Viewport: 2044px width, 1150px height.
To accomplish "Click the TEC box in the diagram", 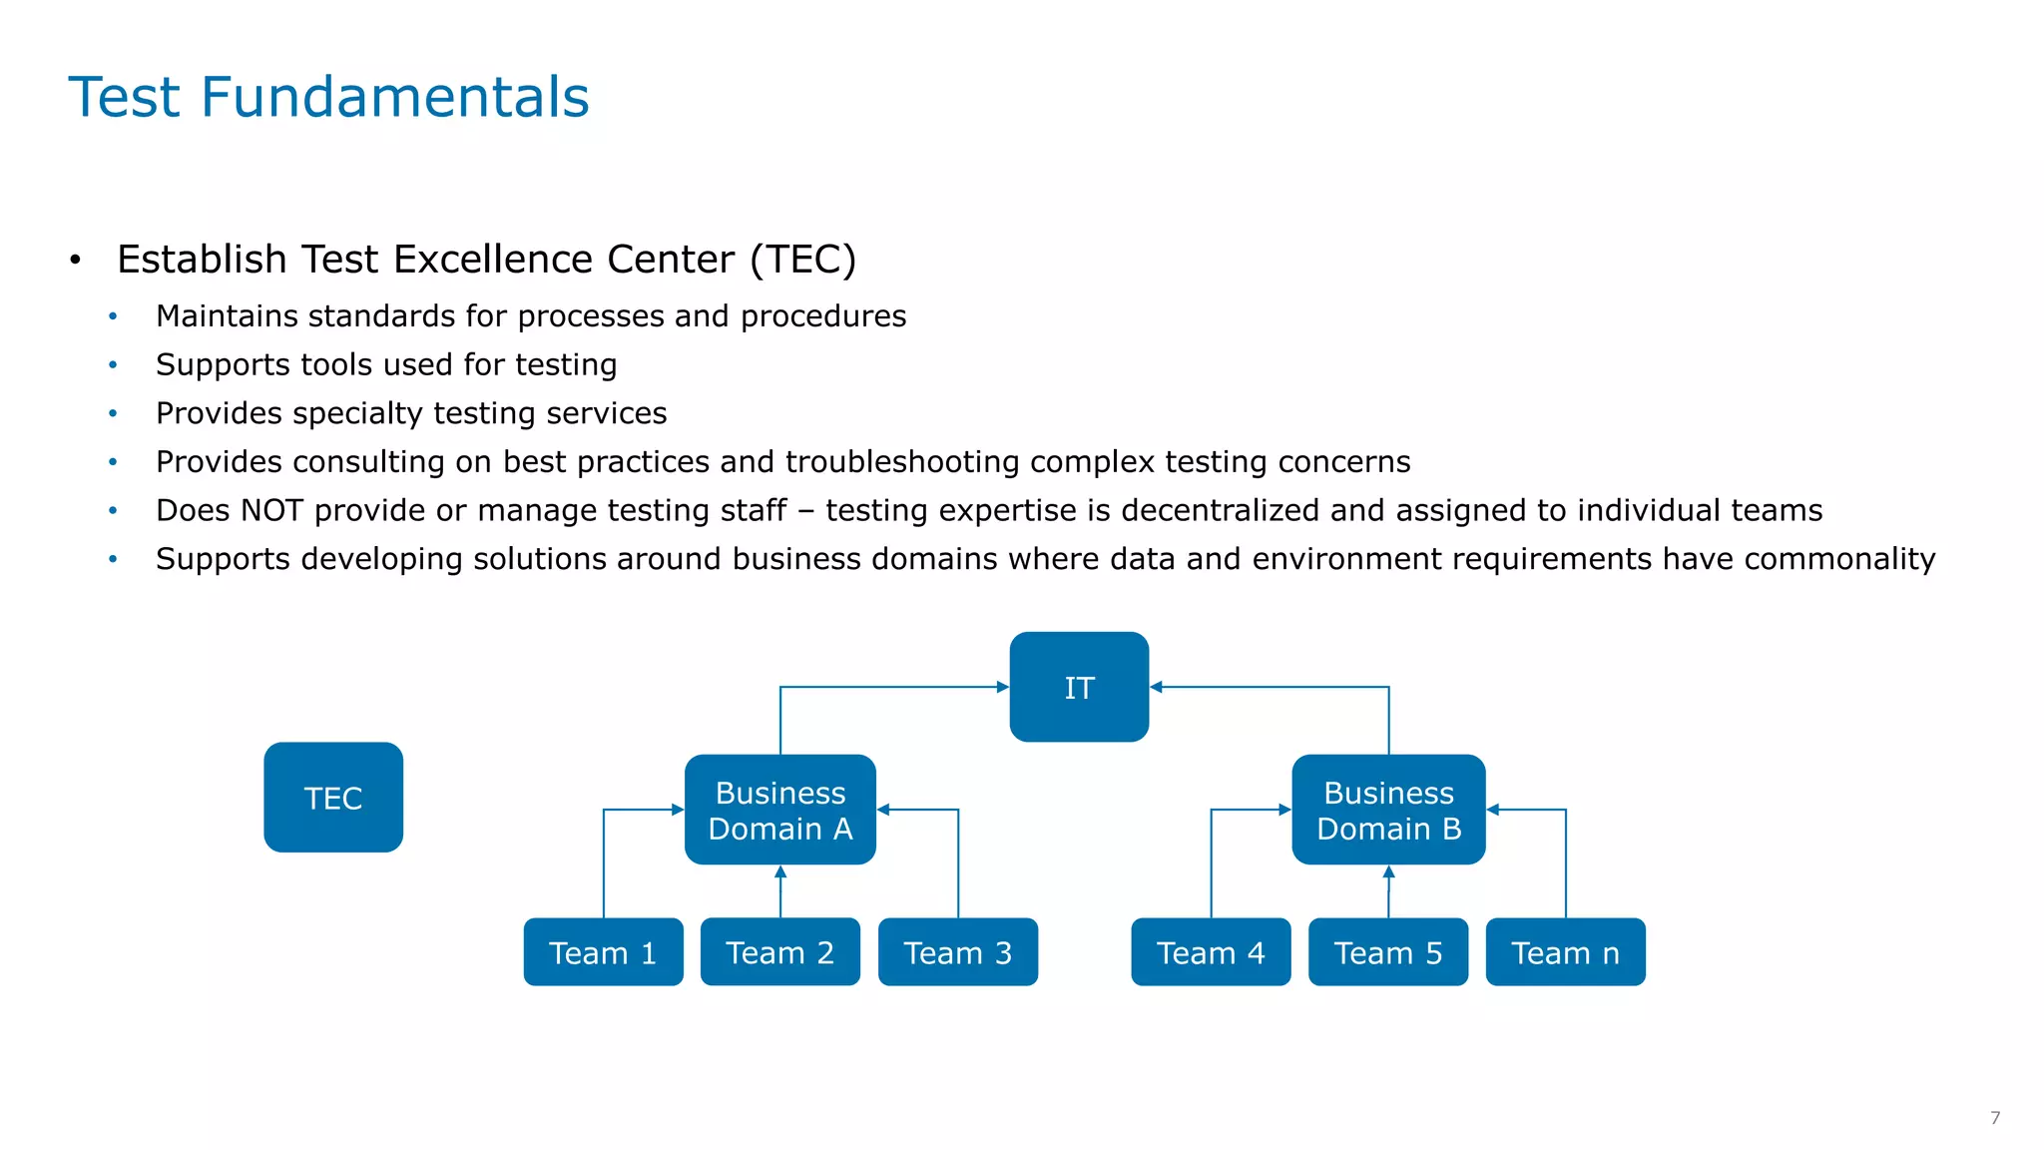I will (333, 797).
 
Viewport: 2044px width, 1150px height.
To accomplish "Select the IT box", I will (1079, 687).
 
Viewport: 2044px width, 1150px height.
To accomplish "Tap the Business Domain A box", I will (779, 810).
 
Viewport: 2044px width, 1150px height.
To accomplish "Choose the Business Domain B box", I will (1388, 810).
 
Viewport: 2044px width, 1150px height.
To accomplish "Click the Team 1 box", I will (603, 952).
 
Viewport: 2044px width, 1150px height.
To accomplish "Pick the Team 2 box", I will (779, 952).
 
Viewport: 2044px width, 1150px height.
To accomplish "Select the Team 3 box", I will (957, 952).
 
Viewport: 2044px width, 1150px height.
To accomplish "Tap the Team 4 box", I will (1211, 952).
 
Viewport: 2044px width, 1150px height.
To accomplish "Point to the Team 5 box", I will (1388, 952).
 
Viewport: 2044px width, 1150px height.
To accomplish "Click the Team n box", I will (1565, 952).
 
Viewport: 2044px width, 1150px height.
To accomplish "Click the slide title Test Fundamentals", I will (328, 97).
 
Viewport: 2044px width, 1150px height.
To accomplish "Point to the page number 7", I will (1995, 1118).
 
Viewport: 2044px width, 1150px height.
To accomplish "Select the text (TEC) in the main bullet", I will (802, 260).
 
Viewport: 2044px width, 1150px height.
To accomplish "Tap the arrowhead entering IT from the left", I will (1003, 687).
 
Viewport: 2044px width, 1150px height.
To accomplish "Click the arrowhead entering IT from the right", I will (1157, 687).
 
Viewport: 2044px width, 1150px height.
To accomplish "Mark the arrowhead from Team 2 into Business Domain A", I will (780, 872).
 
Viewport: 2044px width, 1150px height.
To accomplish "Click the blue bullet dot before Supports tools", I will (113, 365).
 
